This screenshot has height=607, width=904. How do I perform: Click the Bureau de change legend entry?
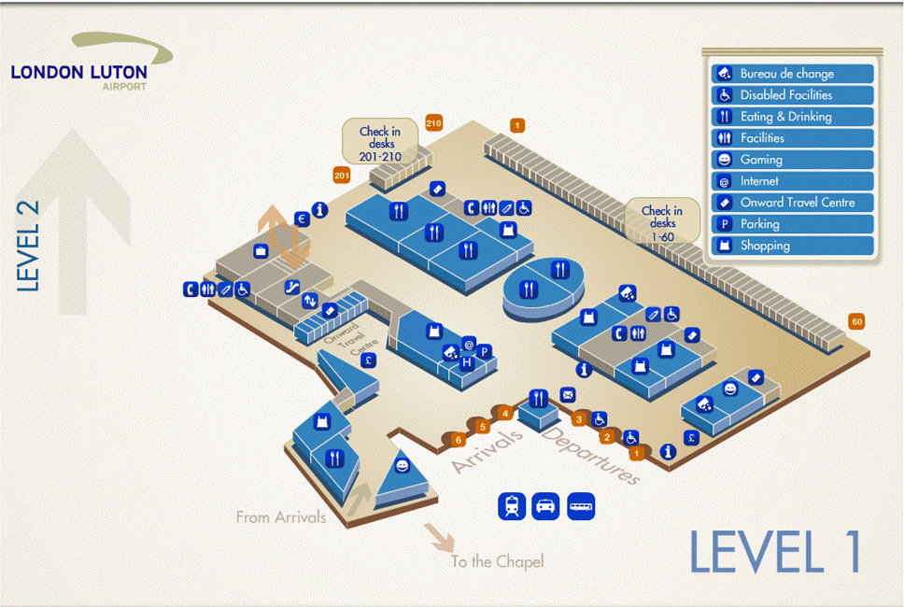tap(792, 74)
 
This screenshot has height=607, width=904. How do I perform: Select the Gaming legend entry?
tap(792, 160)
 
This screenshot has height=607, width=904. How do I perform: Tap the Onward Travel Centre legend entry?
tap(792, 203)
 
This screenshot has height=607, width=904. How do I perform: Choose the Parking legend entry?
tap(792, 224)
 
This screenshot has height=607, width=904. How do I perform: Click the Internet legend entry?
tap(792, 181)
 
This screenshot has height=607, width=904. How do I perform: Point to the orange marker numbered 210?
tap(432, 123)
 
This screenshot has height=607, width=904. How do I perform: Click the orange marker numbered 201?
tap(341, 175)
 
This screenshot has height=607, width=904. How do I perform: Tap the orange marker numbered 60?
tap(856, 322)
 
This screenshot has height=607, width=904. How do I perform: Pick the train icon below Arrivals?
tap(513, 506)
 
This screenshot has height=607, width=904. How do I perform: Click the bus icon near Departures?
tap(581, 506)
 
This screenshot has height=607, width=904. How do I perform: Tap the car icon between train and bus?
tap(546, 506)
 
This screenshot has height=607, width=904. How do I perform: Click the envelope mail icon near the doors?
tap(567, 395)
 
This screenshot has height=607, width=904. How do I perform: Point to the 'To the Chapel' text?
tap(497, 561)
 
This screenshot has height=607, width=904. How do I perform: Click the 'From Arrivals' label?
tap(281, 516)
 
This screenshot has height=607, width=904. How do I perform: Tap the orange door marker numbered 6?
tap(458, 439)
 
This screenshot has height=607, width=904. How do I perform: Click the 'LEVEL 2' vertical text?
tap(29, 247)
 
